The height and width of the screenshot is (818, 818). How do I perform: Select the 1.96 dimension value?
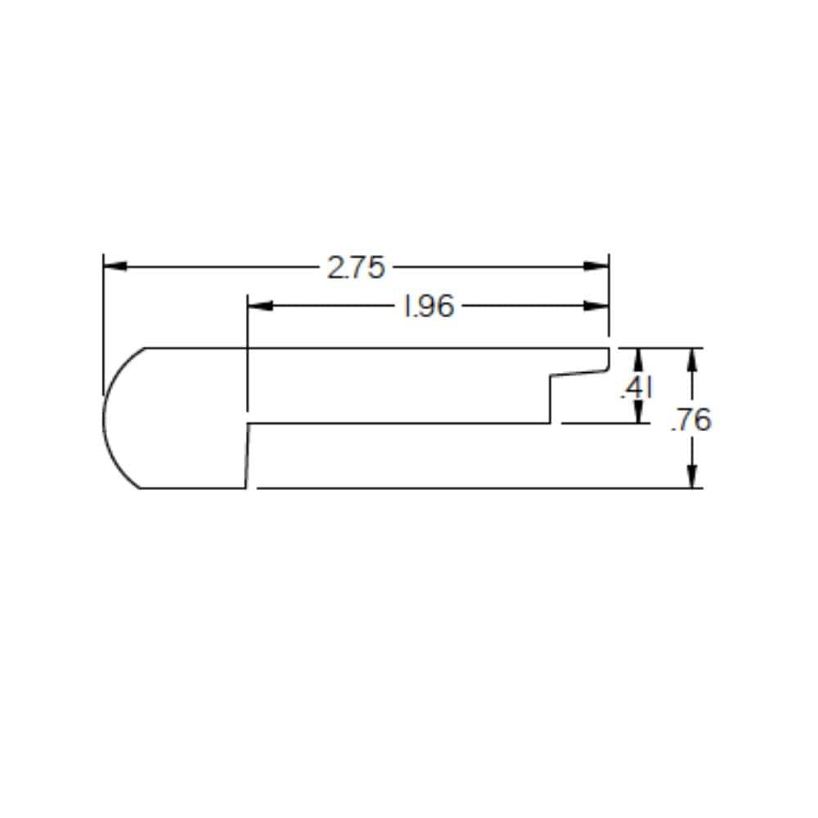(x=428, y=307)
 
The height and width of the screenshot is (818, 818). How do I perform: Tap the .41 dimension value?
(x=636, y=388)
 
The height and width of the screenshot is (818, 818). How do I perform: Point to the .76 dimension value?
(x=690, y=420)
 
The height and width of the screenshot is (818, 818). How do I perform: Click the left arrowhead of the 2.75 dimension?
(x=115, y=266)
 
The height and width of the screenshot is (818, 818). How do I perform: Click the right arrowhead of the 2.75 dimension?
(x=597, y=266)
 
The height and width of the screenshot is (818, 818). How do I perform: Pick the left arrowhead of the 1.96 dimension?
(x=258, y=307)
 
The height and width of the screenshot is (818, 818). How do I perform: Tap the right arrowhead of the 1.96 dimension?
(x=597, y=307)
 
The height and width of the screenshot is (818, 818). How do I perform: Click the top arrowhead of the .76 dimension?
(x=693, y=357)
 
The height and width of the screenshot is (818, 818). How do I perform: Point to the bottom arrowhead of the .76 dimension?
(x=693, y=479)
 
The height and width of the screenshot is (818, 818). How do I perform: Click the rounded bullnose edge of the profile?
(x=107, y=417)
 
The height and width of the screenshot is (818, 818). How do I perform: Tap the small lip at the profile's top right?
(x=609, y=358)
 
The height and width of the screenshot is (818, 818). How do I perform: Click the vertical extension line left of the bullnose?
(x=103, y=327)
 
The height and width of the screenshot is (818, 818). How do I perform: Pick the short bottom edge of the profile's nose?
(x=192, y=488)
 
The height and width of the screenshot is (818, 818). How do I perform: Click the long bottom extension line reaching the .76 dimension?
(x=474, y=488)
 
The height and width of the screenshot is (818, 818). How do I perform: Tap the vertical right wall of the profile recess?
(x=550, y=399)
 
